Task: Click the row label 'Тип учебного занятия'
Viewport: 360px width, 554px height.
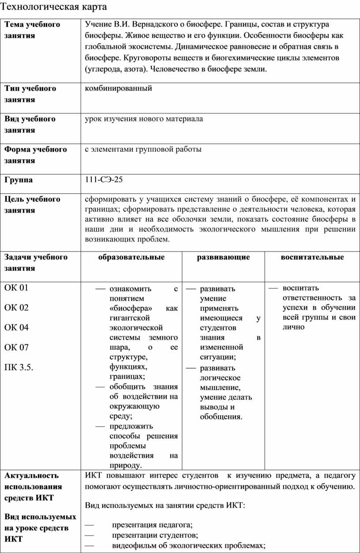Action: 30,94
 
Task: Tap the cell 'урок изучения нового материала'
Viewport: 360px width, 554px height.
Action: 144,119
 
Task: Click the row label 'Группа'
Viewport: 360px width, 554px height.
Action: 19,180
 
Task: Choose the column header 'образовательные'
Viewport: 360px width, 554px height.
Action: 131,257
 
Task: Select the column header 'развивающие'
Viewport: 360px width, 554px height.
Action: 223,257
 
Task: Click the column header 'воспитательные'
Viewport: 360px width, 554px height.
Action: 312,257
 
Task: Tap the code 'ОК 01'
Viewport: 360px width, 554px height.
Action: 16,288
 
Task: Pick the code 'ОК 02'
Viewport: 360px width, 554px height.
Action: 16,308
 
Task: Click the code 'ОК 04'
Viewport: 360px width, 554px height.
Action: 16,328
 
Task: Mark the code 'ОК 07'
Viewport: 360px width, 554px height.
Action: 16,348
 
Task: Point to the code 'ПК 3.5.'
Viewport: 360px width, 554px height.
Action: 19,367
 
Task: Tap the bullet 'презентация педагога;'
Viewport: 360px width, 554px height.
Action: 152,524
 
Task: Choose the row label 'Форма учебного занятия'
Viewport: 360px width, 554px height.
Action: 35,155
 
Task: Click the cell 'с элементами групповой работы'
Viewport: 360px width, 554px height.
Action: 143,150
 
